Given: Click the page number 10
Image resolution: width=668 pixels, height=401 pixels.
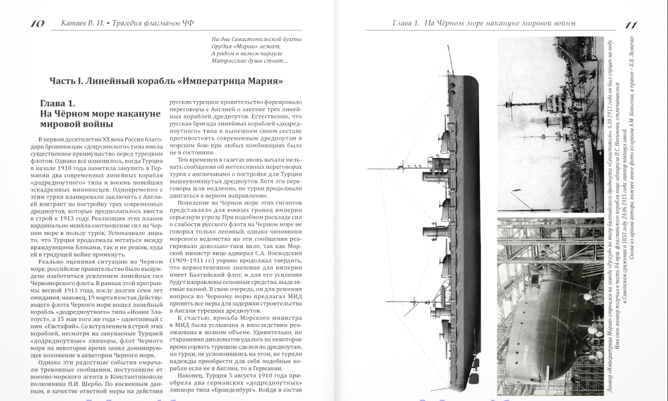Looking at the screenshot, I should click(x=37, y=24).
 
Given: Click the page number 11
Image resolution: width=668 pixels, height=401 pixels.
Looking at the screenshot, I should click(x=631, y=25).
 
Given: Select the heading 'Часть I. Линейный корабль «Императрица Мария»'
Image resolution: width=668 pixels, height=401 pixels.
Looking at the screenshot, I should click(x=167, y=82).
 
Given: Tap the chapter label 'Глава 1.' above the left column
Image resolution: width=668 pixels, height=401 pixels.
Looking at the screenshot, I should click(x=58, y=103).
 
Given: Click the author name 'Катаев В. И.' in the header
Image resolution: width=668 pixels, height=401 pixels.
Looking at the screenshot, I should click(x=80, y=24).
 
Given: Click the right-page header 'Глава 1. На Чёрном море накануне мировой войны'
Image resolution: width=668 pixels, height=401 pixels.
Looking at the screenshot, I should click(x=484, y=24).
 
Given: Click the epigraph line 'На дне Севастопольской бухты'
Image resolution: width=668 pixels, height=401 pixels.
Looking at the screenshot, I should click(x=256, y=39).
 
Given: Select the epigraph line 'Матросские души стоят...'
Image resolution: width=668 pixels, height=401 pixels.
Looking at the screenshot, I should click(x=249, y=60).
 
